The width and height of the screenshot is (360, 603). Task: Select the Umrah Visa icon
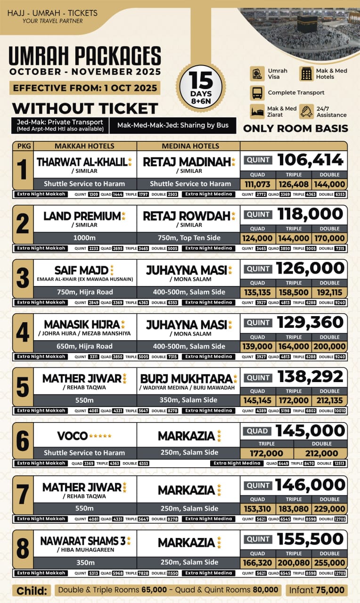tap(257, 74)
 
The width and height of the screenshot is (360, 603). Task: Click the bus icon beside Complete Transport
tap(257, 93)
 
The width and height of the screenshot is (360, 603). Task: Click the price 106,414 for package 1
tap(311, 160)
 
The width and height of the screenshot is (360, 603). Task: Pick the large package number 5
tap(23, 386)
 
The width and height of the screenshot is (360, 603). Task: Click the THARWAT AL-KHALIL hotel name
tap(82, 162)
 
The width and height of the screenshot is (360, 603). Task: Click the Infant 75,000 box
tap(317, 590)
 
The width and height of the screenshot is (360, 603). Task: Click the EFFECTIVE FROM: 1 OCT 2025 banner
tap(85, 88)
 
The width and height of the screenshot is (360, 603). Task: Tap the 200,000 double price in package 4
tap(329, 347)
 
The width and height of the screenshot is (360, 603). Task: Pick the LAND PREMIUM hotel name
tap(82, 216)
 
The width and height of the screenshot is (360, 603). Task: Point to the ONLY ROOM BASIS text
tap(295, 129)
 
